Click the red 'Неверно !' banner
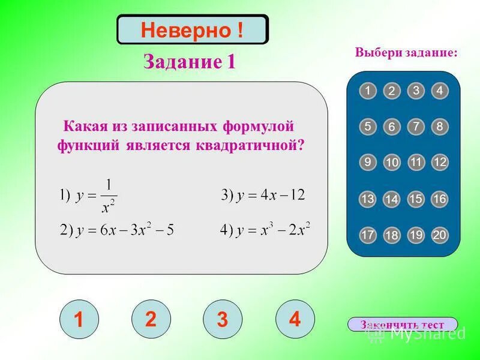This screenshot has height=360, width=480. (192, 30)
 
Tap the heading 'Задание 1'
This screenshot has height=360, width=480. (189, 62)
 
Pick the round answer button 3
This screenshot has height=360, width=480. (223, 320)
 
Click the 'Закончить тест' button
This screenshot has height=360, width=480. (402, 325)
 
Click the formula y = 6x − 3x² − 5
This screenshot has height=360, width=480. (117, 230)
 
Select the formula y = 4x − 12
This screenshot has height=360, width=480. (263, 195)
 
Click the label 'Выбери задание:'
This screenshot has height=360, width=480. (406, 53)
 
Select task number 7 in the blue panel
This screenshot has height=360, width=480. (416, 127)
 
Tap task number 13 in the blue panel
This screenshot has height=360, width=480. (368, 199)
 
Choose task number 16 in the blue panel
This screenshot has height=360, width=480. (440, 199)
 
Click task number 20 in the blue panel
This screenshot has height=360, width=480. (440, 235)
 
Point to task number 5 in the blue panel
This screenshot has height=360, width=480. (368, 127)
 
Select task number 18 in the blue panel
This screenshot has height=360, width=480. (392, 236)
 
